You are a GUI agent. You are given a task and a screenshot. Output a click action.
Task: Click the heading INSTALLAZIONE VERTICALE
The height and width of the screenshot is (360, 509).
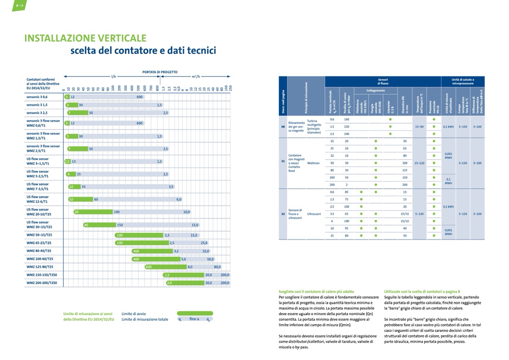(85, 38)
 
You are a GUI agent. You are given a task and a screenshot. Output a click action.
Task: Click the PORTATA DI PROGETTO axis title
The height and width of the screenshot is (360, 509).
(160, 72)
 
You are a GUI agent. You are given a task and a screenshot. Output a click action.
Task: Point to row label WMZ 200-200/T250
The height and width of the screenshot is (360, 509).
(42, 283)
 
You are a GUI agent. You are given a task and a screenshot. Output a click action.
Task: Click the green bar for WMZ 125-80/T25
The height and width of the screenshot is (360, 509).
(166, 267)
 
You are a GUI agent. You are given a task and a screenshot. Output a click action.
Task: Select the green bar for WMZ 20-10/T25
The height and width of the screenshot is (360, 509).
(93, 212)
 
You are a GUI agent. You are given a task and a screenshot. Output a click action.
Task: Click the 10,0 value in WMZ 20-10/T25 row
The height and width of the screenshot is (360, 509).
(187, 212)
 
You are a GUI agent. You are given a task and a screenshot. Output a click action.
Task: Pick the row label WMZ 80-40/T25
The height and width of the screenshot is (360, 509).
(39, 251)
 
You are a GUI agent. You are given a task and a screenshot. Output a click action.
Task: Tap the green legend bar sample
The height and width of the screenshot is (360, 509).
(195, 313)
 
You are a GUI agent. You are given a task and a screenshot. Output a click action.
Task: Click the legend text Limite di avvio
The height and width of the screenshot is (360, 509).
(134, 314)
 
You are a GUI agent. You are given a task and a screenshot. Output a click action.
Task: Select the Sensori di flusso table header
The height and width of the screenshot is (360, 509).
(383, 81)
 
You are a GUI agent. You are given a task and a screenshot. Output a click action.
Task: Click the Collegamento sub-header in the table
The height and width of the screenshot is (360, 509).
(375, 90)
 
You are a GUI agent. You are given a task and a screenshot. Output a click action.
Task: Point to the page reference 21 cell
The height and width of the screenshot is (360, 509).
(283, 161)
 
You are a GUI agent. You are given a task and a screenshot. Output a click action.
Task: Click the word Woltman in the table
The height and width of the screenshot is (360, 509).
(313, 163)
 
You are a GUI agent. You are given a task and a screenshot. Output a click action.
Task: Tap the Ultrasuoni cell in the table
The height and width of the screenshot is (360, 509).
(314, 214)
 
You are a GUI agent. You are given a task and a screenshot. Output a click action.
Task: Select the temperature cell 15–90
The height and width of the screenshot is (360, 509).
(419, 127)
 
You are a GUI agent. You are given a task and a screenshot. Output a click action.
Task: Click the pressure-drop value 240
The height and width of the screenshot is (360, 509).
(346, 134)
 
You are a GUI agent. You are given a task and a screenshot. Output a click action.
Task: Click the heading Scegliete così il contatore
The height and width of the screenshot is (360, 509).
(316, 291)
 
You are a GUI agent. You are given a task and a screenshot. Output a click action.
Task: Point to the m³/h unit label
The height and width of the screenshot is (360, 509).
(196, 77)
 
